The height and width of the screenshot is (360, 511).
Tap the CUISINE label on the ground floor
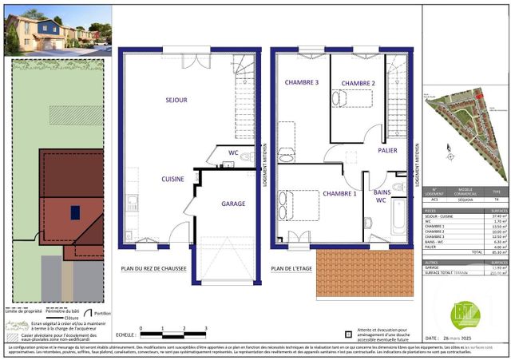(172, 180)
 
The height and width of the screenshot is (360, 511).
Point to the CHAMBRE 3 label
(300, 83)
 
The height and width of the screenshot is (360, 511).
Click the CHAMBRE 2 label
(358, 83)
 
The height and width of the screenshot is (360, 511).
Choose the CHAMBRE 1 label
(339, 194)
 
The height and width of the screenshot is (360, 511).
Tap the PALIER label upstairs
(389, 150)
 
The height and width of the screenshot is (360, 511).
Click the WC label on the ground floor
(233, 152)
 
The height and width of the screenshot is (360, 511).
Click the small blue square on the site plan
(75, 212)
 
